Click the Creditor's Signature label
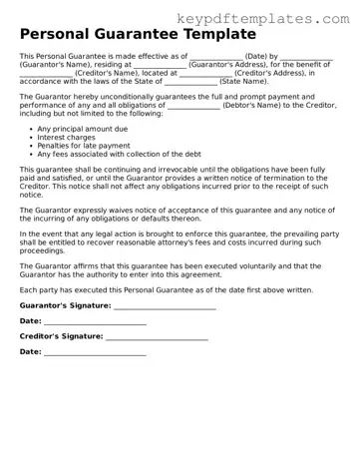[x=62, y=337]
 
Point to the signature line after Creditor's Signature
[x=157, y=338]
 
